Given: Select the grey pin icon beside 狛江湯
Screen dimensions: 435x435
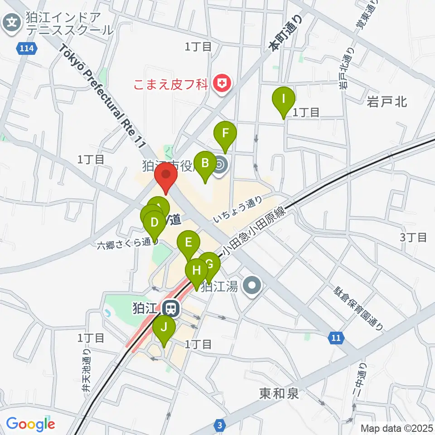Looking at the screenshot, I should [252, 286].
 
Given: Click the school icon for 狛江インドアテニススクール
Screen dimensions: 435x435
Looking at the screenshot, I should [12, 21].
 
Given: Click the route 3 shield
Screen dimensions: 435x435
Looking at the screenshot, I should [220, 425].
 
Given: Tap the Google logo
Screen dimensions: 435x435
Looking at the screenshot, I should [30, 424].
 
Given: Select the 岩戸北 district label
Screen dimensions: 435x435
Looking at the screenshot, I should [387, 101].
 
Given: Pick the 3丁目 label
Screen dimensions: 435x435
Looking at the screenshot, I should [413, 237].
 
